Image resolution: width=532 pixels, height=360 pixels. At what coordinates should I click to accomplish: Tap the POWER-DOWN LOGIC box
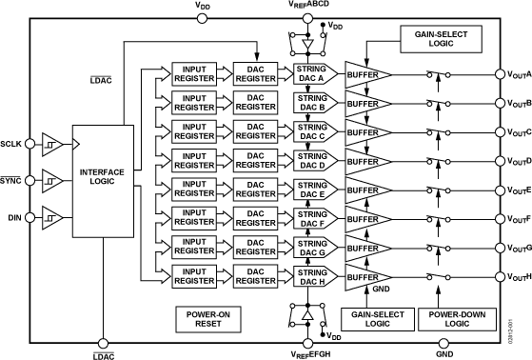click(x=450, y=317)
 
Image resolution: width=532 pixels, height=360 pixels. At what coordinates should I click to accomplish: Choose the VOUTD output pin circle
click(x=497, y=161)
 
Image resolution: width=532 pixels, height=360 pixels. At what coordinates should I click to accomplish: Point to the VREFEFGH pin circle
click(x=308, y=343)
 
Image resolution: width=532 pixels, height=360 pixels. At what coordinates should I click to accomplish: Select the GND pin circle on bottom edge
click(x=443, y=343)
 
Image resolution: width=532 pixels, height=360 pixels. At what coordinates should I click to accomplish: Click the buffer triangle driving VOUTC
click(x=365, y=132)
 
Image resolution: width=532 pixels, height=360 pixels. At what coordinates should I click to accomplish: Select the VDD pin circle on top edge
click(x=203, y=16)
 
